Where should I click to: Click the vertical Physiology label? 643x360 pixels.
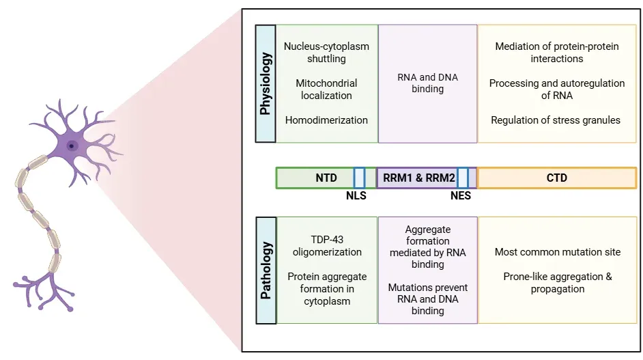coord(265,83)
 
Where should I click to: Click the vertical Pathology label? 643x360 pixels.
coord(266,271)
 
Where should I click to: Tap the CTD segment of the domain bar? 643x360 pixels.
coord(557,178)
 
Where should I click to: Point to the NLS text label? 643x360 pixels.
coord(356,195)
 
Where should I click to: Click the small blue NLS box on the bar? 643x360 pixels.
coord(359,178)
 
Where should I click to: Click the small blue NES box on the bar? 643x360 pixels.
coord(463,178)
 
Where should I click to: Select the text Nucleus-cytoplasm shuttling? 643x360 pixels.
coord(326,53)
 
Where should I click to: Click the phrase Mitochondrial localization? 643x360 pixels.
coord(326,89)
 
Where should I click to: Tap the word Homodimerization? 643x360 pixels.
coord(326,120)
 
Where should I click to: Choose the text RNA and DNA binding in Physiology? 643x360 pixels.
coord(427,83)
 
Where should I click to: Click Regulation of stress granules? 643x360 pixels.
coord(556,120)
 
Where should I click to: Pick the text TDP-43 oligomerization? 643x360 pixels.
coord(326,245)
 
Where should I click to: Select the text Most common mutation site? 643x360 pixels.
coord(558,252)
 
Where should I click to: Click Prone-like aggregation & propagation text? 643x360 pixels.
coord(558,283)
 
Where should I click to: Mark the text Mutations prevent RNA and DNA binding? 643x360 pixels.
coord(427,299)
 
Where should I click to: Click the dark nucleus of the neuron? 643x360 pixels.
coord(71,145)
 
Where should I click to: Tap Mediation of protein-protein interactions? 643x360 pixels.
coord(557,53)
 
